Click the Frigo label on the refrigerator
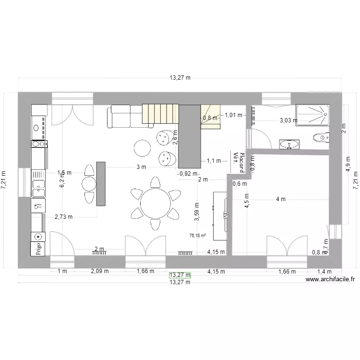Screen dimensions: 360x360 tap(38, 249)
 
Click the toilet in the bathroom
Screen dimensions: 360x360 tap(320, 138)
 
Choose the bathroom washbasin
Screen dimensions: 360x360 tap(289, 144)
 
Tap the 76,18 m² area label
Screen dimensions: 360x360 tap(198, 235)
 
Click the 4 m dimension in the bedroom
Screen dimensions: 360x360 tap(280, 199)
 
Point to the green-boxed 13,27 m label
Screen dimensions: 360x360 tap(180, 275)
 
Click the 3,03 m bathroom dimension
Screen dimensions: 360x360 tap(289, 120)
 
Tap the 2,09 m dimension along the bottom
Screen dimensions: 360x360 tap(100, 271)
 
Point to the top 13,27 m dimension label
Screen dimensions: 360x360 tap(180, 77)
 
